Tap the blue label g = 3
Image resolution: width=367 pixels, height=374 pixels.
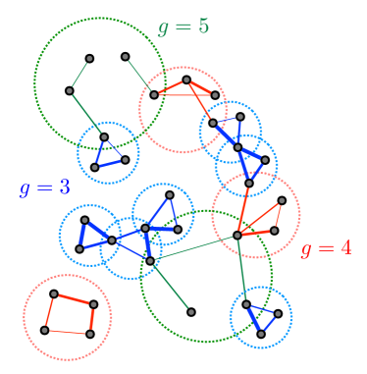coord(44,187)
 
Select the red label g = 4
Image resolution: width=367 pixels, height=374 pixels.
coord(326,248)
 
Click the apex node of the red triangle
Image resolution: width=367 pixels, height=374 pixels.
coord(186,80)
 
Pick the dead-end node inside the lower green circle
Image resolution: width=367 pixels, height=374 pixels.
coord(191,312)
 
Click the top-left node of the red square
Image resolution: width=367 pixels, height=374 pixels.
coord(54,294)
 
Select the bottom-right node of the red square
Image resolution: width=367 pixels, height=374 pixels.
coord(90,334)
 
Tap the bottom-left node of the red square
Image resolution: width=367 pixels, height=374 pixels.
coord(44,330)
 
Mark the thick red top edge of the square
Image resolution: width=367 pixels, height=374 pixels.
coord(74,298)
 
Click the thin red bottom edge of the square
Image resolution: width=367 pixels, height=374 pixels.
coord(67,332)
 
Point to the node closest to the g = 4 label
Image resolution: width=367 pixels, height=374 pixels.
coord(275,232)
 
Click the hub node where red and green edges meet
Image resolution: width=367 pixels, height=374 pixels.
coord(237,235)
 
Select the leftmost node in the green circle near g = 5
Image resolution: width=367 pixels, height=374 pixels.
coord(69,91)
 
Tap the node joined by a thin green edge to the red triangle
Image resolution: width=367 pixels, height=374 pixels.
coord(126,56)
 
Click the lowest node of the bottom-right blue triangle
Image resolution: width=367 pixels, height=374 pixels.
coord(261,334)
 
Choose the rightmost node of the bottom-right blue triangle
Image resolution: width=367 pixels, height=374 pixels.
coord(279,314)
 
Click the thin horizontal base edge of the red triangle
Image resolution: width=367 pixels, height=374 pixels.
coord(184,95)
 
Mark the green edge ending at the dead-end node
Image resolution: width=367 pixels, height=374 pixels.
coord(171,287)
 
